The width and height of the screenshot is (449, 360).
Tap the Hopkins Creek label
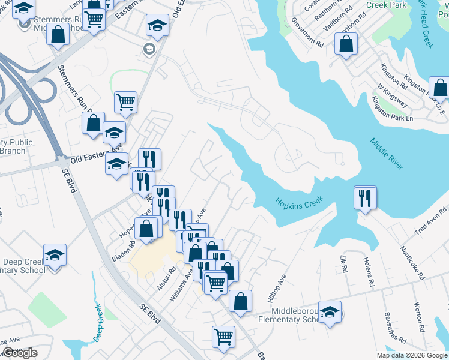(299, 202)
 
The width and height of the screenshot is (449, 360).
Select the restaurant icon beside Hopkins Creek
(365, 198)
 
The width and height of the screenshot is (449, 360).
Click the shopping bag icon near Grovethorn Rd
(346, 44)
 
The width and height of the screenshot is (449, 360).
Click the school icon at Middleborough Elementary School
(330, 313)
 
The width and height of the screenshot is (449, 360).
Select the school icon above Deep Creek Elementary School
(55, 255)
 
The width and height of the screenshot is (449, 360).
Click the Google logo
(20, 353)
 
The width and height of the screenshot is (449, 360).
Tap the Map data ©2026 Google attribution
(412, 355)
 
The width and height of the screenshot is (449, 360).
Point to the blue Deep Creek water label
(98, 323)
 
